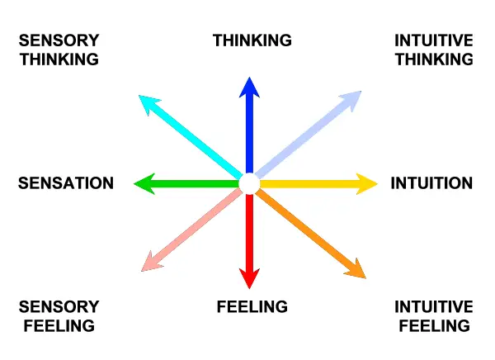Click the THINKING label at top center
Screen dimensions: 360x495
(252, 40)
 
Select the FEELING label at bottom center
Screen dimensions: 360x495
(252, 307)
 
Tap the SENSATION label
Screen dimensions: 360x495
(66, 183)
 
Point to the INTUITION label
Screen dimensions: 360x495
(431, 183)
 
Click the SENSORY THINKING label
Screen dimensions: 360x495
(59, 50)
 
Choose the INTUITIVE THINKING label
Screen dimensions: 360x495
(434, 50)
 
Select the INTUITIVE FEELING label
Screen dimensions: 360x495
(434, 316)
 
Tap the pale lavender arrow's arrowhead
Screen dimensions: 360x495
(352, 97)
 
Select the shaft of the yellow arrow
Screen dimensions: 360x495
(305, 183)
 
